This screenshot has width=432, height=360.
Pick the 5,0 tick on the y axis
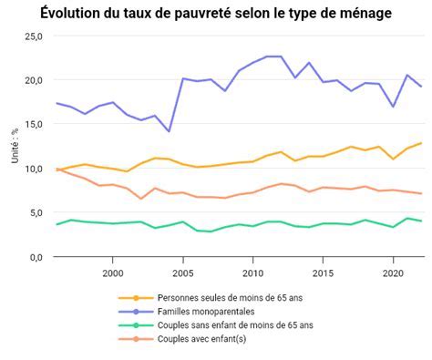click(35, 213)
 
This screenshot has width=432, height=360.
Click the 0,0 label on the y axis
click(35, 257)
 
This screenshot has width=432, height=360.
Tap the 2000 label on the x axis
click(112, 273)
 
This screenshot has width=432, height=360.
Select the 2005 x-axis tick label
click(182, 273)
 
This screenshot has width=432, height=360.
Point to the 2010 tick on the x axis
click(252, 273)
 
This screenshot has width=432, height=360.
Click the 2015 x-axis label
click(323, 273)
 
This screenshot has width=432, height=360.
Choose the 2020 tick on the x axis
click(392, 273)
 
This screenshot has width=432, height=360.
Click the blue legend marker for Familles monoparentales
click(137, 311)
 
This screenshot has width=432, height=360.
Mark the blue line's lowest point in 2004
click(169, 131)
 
